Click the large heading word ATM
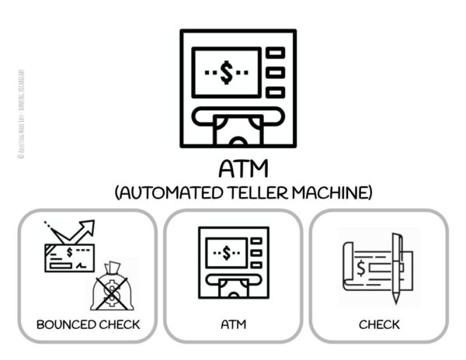[238, 168]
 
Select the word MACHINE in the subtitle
[327, 191]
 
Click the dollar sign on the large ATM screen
[226, 74]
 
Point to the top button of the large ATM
[275, 53]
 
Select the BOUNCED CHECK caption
[89, 324]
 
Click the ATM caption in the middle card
[233, 324]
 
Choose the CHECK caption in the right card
[379, 324]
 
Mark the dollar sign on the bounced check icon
[70, 252]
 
